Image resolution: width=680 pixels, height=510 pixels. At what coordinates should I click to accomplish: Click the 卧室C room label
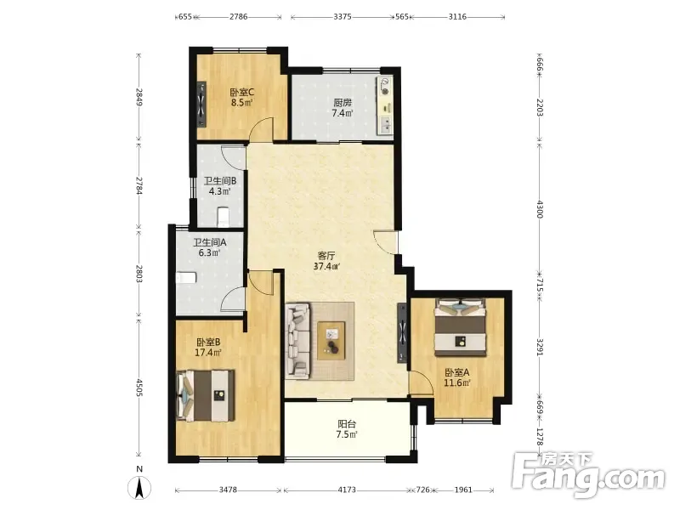242,93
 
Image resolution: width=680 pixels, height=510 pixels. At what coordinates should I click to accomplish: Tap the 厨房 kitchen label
343,103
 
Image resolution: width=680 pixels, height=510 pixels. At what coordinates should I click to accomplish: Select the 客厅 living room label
326,256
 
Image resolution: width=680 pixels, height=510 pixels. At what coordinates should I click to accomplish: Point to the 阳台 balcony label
347,423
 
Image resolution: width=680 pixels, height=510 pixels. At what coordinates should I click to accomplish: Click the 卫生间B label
220,180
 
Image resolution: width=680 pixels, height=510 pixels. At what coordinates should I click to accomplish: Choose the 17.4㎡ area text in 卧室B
208,353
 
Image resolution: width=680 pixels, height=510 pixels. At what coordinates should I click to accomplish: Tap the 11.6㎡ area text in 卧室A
457,382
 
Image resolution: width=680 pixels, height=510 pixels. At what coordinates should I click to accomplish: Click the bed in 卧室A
460,327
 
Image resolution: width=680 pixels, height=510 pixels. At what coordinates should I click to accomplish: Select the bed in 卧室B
206,395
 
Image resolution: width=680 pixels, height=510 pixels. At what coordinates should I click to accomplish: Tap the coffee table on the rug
331,341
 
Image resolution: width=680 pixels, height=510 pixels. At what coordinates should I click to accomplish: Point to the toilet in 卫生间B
223,217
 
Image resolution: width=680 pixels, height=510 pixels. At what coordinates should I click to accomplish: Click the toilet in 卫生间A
186,278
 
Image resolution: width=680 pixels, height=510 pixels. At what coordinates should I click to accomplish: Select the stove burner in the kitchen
385,86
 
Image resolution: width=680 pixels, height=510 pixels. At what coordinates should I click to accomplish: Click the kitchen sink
385,125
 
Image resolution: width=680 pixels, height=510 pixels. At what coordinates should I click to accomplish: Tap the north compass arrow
139,487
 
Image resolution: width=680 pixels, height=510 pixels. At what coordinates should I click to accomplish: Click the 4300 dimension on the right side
540,209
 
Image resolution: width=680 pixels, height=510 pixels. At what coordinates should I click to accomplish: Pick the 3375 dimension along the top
343,17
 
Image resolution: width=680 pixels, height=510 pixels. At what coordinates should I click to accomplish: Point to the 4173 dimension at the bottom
347,490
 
